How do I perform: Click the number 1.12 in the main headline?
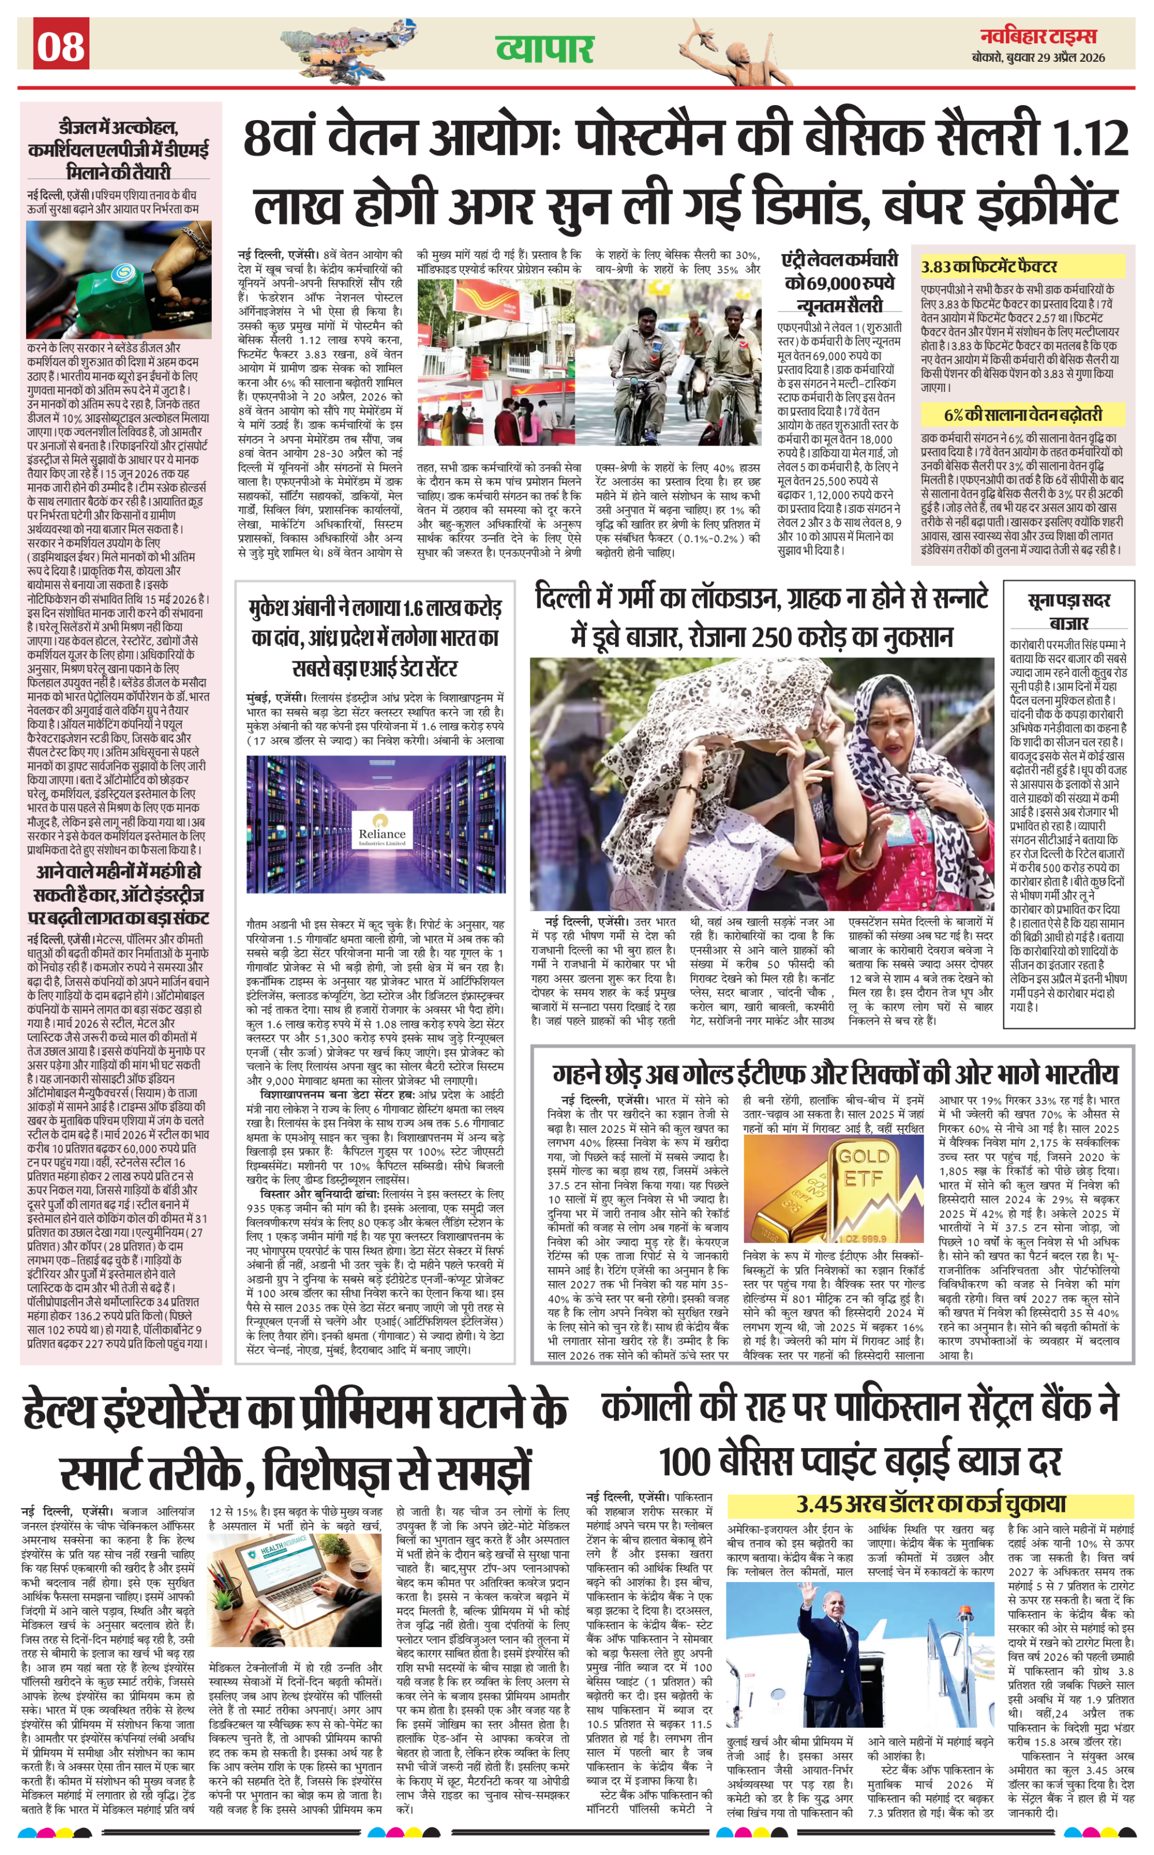[x=1091, y=138]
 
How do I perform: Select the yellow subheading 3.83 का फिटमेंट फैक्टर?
[x=989, y=267]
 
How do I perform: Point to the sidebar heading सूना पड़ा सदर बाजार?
[x=1069, y=611]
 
